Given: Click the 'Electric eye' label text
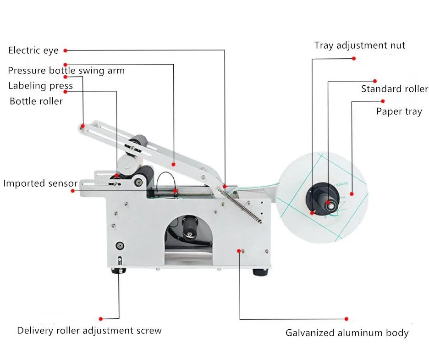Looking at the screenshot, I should click(x=33, y=50).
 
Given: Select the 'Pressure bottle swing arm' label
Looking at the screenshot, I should click(x=66, y=71).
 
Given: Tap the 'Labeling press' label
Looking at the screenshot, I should click(x=40, y=86).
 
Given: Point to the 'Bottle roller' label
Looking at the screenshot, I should click(x=36, y=101).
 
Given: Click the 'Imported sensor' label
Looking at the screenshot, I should click(x=40, y=183).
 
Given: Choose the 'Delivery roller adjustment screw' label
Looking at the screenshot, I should click(x=89, y=330).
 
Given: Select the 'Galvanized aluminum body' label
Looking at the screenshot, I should click(x=347, y=333).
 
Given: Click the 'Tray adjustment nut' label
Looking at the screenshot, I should click(x=360, y=45).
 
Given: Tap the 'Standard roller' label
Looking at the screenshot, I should click(x=394, y=89).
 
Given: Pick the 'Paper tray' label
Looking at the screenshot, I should click(x=399, y=111).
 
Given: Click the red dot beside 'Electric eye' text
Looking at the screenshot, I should click(x=65, y=50).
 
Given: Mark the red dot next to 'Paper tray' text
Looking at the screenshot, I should click(x=383, y=101).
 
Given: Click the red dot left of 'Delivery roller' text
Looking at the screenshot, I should click(x=101, y=318).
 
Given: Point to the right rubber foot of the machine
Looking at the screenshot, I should click(x=260, y=272).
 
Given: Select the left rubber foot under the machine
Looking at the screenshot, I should click(x=119, y=271).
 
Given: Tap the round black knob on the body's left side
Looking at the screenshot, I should click(x=120, y=245).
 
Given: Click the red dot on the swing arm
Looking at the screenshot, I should click(x=174, y=163).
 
